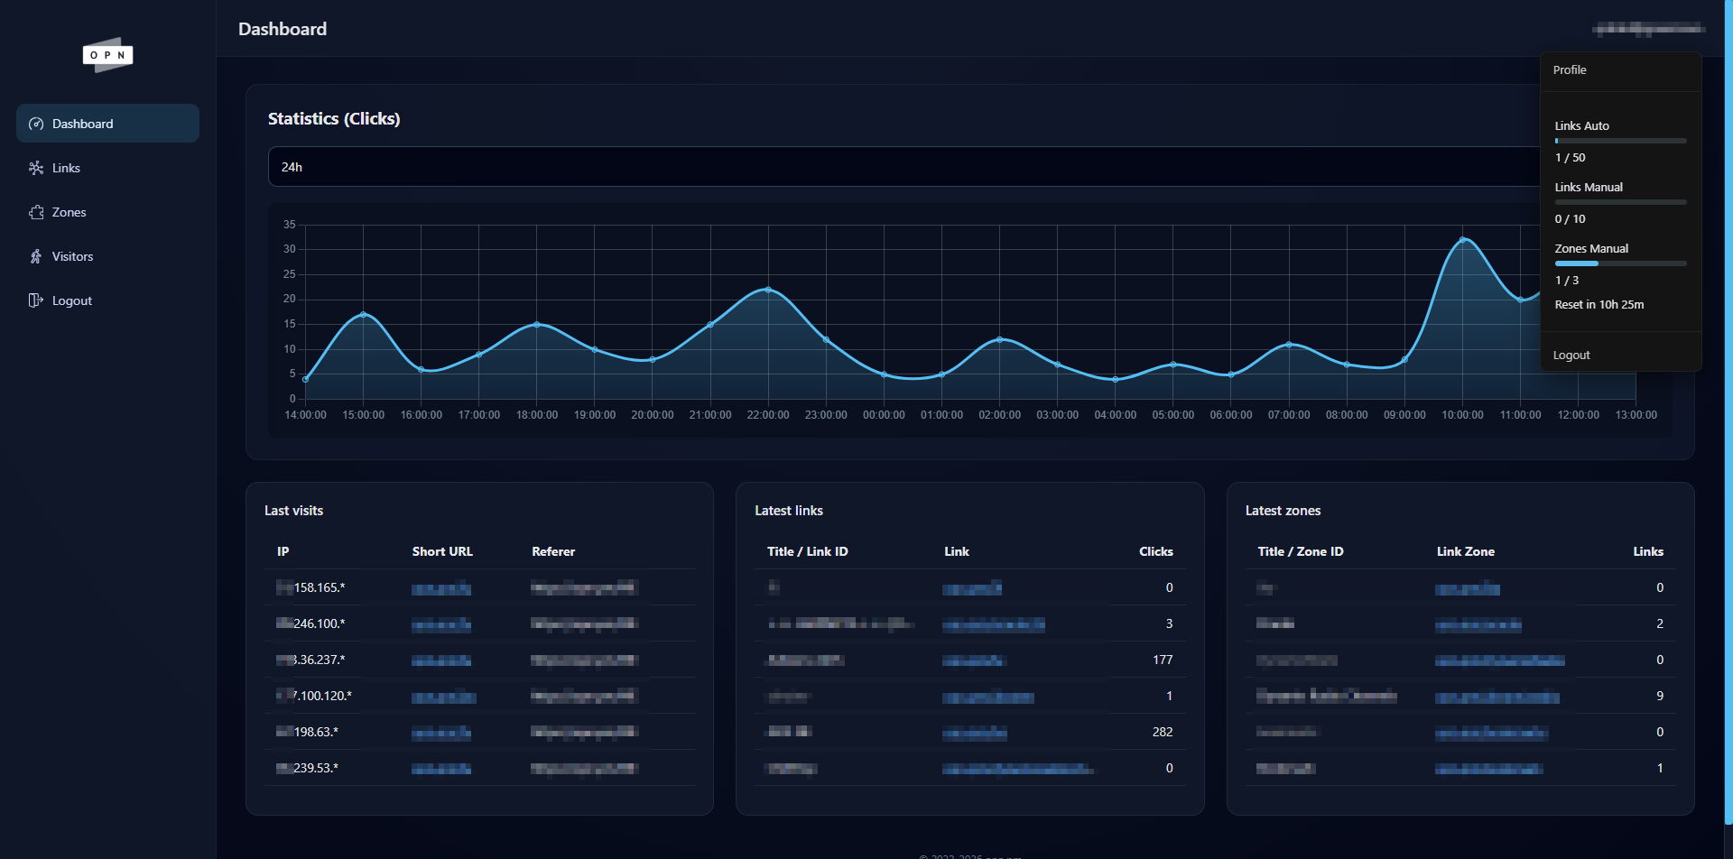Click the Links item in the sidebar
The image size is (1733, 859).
66,168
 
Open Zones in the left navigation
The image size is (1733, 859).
69,212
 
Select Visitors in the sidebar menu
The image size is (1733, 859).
72,256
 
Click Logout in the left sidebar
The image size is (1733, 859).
71,300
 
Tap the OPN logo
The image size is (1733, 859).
107,55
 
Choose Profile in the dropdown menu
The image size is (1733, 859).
1570,69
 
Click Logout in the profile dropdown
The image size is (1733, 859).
1571,355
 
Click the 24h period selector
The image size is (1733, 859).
903,167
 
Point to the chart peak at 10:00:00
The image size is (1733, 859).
1462,240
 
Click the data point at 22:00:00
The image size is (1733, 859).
768,290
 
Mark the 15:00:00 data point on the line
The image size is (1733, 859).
363,314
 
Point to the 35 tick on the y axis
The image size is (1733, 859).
289,224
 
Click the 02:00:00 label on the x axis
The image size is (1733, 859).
999,415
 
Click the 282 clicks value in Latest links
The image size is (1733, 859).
1163,732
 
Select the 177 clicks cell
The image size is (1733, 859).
1163,660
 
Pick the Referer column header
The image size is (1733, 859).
553,551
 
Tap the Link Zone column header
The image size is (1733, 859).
1465,551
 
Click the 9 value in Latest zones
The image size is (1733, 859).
1660,696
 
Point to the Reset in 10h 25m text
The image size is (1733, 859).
1599,304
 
